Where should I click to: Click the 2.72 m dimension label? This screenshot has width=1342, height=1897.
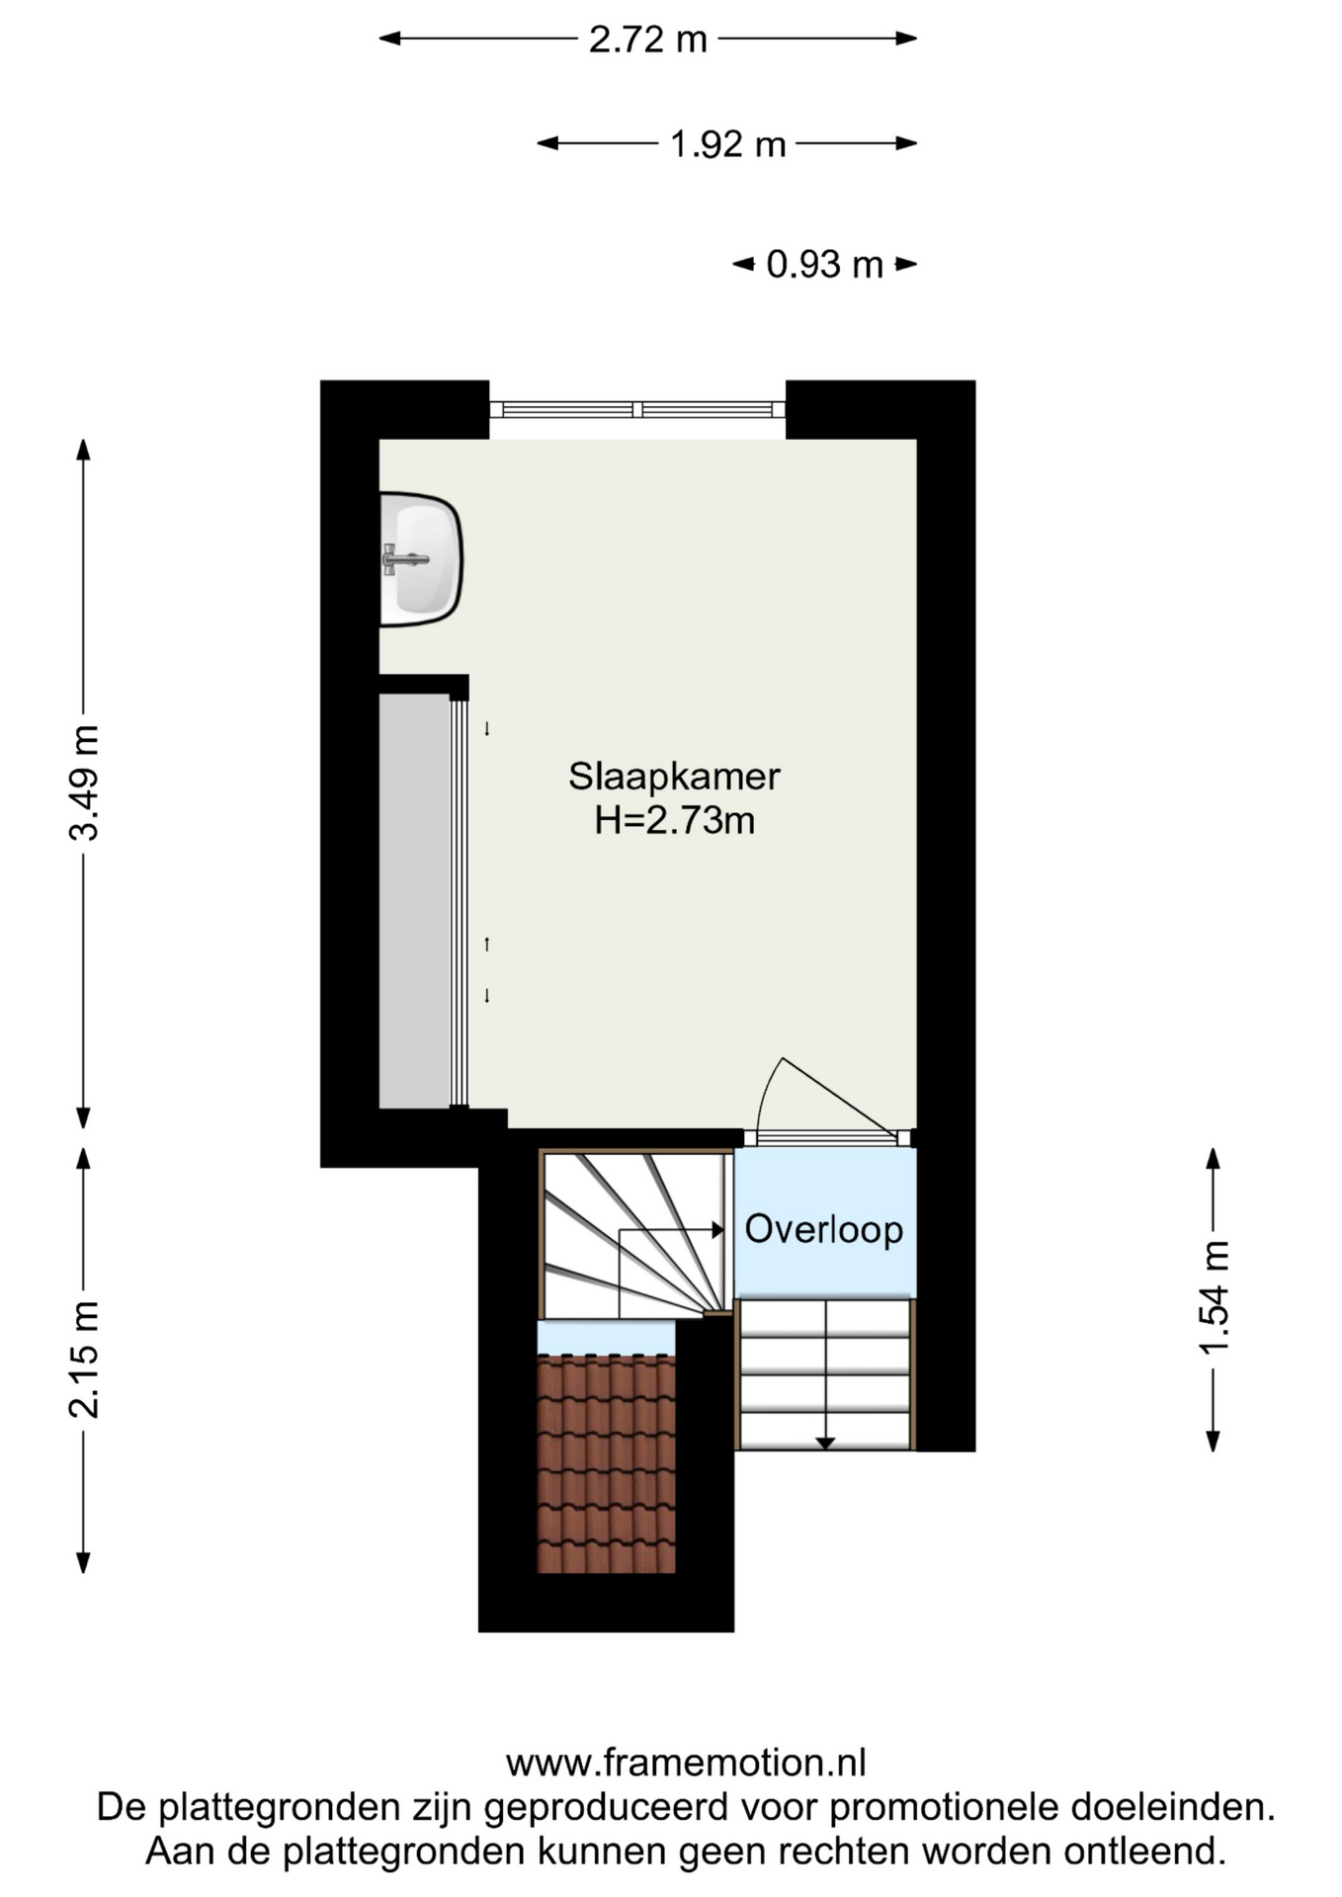(x=648, y=40)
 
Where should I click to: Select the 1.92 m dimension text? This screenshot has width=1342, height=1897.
(x=727, y=144)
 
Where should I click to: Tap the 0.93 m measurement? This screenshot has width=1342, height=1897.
(x=824, y=265)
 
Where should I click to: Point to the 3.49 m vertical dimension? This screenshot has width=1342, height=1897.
(x=85, y=783)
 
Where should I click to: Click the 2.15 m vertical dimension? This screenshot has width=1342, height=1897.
(x=85, y=1360)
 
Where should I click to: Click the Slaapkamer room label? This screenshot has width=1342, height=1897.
(x=674, y=777)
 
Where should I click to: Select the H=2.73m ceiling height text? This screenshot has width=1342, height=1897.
(x=674, y=821)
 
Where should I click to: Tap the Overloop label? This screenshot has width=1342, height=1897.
(x=823, y=1230)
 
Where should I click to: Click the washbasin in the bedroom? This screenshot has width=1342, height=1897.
(x=421, y=559)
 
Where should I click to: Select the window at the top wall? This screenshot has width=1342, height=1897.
(x=637, y=409)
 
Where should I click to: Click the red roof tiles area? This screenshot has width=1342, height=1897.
(x=606, y=1464)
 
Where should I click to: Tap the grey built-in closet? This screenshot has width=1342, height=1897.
(x=415, y=901)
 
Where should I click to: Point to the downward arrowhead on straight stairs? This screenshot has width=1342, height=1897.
(x=825, y=1443)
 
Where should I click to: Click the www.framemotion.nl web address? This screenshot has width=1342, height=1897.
(x=686, y=1763)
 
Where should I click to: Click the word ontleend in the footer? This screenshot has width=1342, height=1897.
(x=1144, y=1851)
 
